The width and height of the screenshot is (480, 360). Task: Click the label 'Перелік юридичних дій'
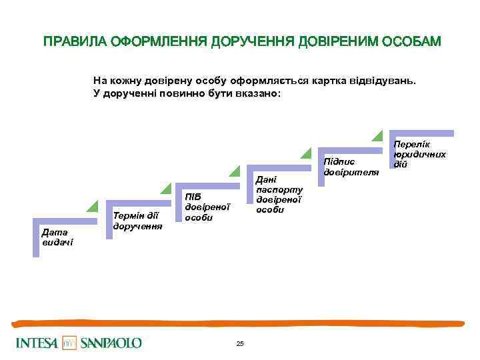[419, 154]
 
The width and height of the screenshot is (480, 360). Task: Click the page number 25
[240, 343]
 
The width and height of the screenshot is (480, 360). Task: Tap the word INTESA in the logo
[36, 343]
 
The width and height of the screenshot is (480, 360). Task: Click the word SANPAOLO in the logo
[111, 343]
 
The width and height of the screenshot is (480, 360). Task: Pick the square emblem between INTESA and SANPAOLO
[69, 343]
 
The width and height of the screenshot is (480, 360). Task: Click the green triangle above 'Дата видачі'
[93, 206]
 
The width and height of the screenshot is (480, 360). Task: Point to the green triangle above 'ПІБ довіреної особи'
[234, 171]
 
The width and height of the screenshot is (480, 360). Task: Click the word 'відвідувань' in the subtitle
[384, 81]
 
